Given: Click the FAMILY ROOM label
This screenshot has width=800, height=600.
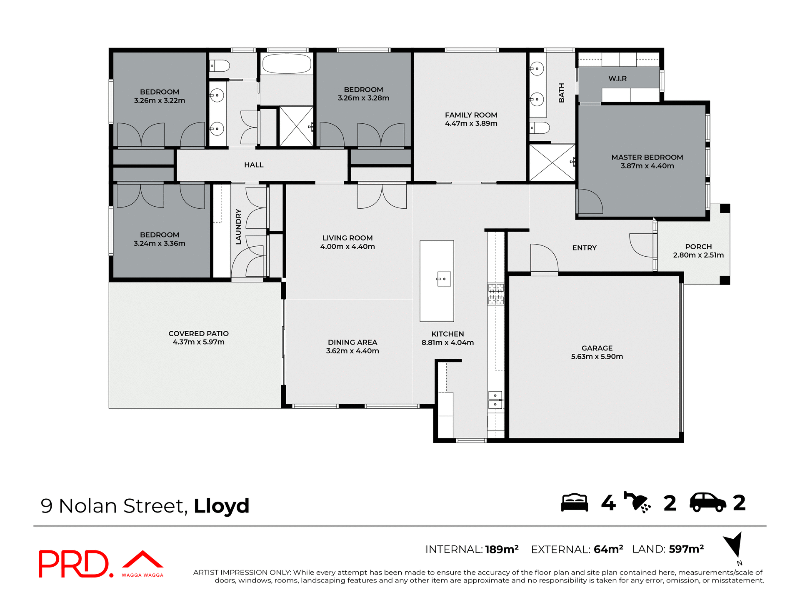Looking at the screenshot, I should [x=471, y=115].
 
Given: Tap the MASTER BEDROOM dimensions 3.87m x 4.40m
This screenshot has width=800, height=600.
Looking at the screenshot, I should [x=647, y=166].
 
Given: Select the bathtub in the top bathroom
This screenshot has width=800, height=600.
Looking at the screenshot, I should [x=287, y=64].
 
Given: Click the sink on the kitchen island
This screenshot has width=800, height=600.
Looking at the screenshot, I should [x=444, y=279].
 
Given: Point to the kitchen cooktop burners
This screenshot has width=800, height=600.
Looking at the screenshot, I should [x=496, y=294].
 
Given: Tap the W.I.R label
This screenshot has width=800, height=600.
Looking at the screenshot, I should [x=617, y=78].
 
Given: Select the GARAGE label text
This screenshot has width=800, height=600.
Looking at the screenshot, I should [x=597, y=348].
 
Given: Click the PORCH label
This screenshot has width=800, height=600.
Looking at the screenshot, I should [x=698, y=247].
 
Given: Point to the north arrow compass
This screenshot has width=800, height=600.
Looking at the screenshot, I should [x=734, y=544].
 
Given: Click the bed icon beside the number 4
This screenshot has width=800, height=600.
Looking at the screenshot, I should [x=574, y=502].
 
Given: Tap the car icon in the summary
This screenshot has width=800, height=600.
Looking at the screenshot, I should [x=707, y=502].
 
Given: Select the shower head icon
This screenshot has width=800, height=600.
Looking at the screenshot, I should [x=637, y=502].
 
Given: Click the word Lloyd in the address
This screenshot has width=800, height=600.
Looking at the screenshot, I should [x=221, y=506].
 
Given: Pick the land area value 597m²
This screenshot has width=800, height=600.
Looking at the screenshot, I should [x=686, y=549].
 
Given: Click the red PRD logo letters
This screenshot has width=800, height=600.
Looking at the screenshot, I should [x=74, y=564].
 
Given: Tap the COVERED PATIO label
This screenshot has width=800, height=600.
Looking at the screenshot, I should [x=198, y=333].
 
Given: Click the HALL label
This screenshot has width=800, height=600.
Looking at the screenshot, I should [x=254, y=165].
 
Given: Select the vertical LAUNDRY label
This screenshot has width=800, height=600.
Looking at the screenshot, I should [x=238, y=227].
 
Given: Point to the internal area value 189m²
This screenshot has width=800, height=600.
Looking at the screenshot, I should [x=502, y=549].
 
